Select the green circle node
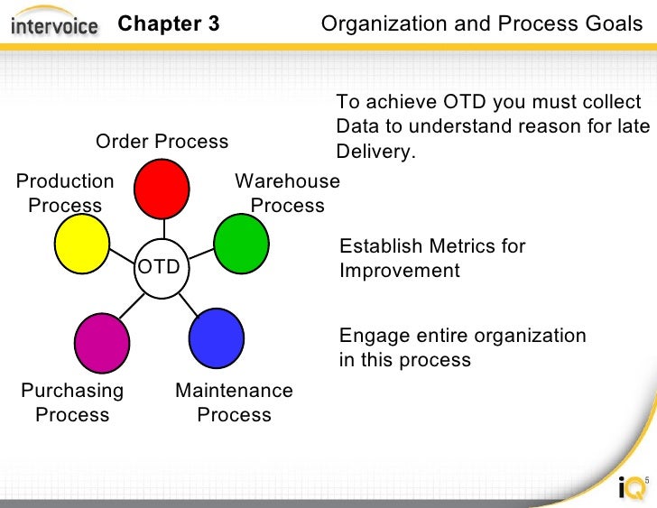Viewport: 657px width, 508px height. [x=241, y=243]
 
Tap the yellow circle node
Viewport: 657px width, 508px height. [x=81, y=244]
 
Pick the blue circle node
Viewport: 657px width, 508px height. [x=217, y=337]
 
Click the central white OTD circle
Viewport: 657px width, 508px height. [x=161, y=268]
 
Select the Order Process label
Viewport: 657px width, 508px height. [x=162, y=142]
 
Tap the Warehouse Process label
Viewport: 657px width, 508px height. [x=287, y=193]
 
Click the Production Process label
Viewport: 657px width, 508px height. [x=65, y=193]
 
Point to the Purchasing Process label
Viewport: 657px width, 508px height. [x=72, y=402]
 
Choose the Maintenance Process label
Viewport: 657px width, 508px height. [x=234, y=402]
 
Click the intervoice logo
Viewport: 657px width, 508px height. [x=54, y=24]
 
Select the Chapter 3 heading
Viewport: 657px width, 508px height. [x=169, y=23]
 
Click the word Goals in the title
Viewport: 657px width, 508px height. [x=612, y=23]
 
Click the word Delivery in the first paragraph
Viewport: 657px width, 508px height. [x=375, y=151]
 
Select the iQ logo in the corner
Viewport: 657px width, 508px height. [x=632, y=488]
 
